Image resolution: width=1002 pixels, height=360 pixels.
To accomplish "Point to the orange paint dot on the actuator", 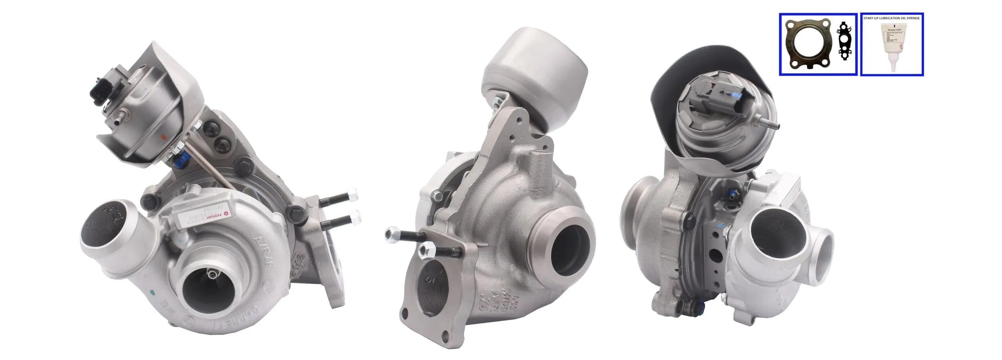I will pyautogui.click(x=163, y=136).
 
